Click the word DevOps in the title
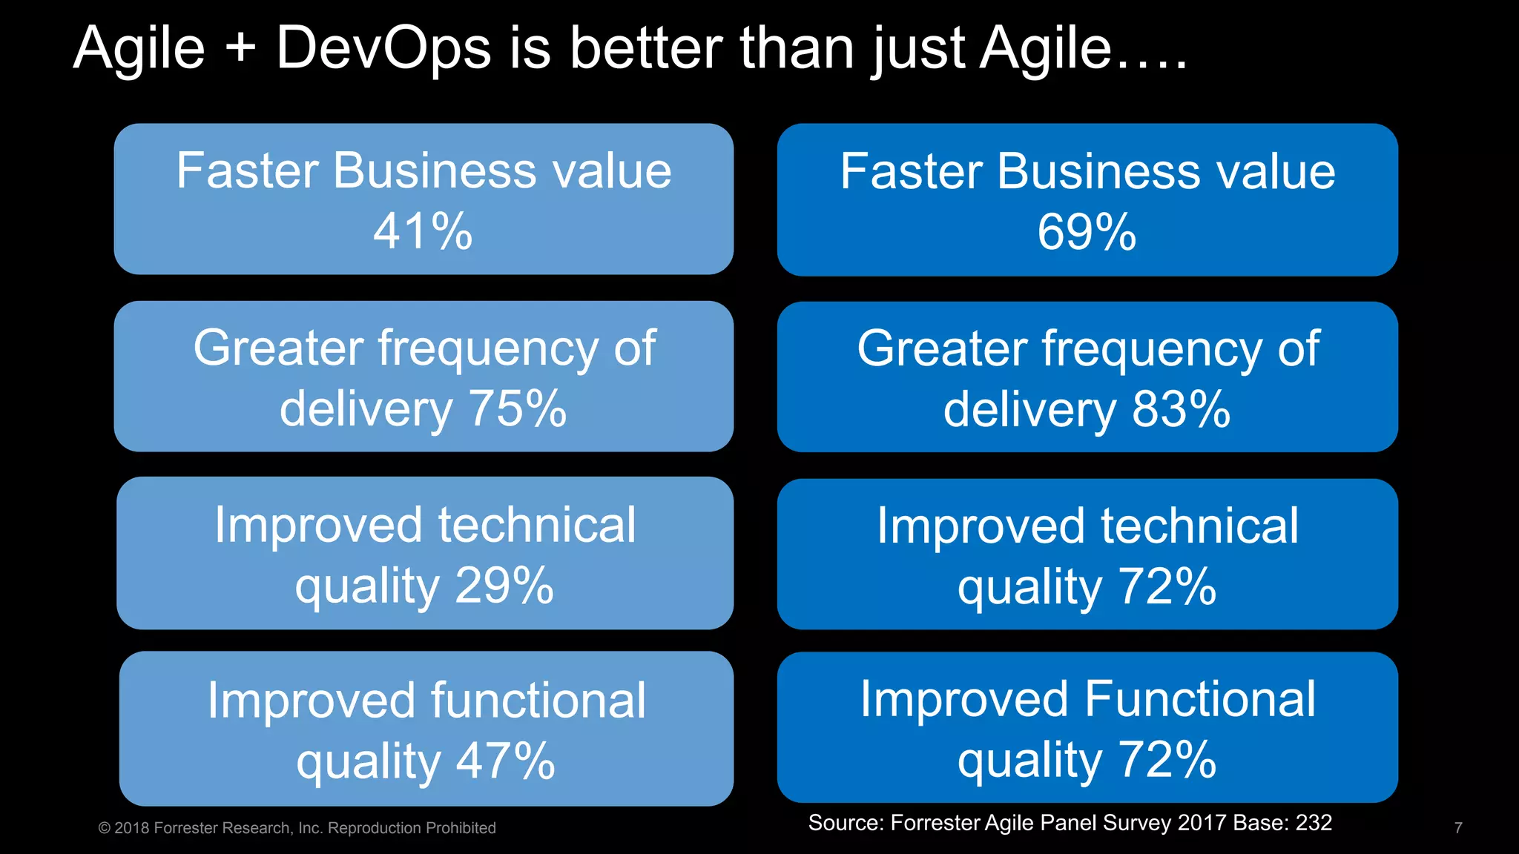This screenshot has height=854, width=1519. (x=383, y=49)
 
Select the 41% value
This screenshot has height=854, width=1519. (x=423, y=231)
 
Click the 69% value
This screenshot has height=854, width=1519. (x=1087, y=232)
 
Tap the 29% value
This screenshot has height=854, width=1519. (x=504, y=586)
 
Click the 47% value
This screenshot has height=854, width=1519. (x=505, y=761)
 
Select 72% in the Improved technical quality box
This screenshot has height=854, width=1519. (x=1167, y=586)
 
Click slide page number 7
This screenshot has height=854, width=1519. (x=1458, y=828)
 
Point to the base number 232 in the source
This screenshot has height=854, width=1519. (x=1314, y=823)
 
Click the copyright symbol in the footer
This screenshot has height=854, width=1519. (x=104, y=828)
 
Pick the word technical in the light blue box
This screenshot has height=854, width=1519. (x=537, y=525)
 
